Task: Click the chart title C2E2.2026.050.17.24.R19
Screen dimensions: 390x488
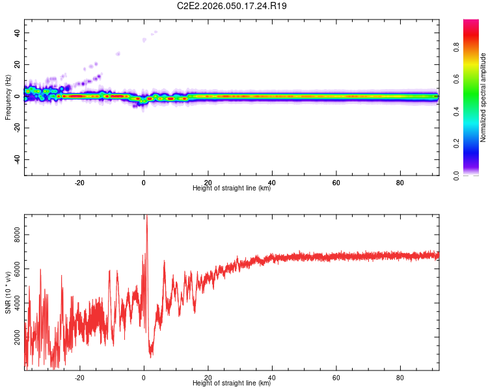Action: click(x=232, y=6)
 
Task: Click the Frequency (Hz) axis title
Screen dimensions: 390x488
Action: click(x=8, y=97)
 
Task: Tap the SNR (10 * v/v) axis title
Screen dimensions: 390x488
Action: click(x=8, y=292)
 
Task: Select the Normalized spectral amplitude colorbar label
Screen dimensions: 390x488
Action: click(x=483, y=97)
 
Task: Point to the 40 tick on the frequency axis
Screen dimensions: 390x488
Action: click(x=18, y=33)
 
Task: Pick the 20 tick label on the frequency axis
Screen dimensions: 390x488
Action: click(x=18, y=65)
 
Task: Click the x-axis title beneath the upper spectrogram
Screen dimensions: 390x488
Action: click(x=232, y=188)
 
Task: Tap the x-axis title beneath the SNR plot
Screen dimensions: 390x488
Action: click(x=232, y=383)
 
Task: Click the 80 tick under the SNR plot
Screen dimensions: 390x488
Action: click(x=400, y=377)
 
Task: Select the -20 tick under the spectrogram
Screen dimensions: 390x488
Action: click(x=80, y=183)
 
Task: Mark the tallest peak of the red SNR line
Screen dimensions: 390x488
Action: click(x=146, y=216)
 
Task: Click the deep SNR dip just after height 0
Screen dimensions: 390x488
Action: click(x=151, y=356)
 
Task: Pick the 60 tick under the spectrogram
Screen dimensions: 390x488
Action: click(x=336, y=183)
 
